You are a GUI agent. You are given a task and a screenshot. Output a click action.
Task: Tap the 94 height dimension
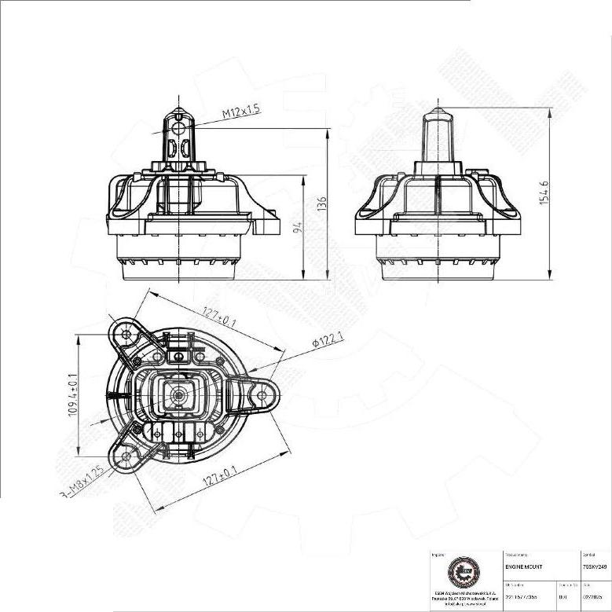click(x=299, y=227)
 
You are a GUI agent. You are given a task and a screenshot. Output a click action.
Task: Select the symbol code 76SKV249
click(x=596, y=566)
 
